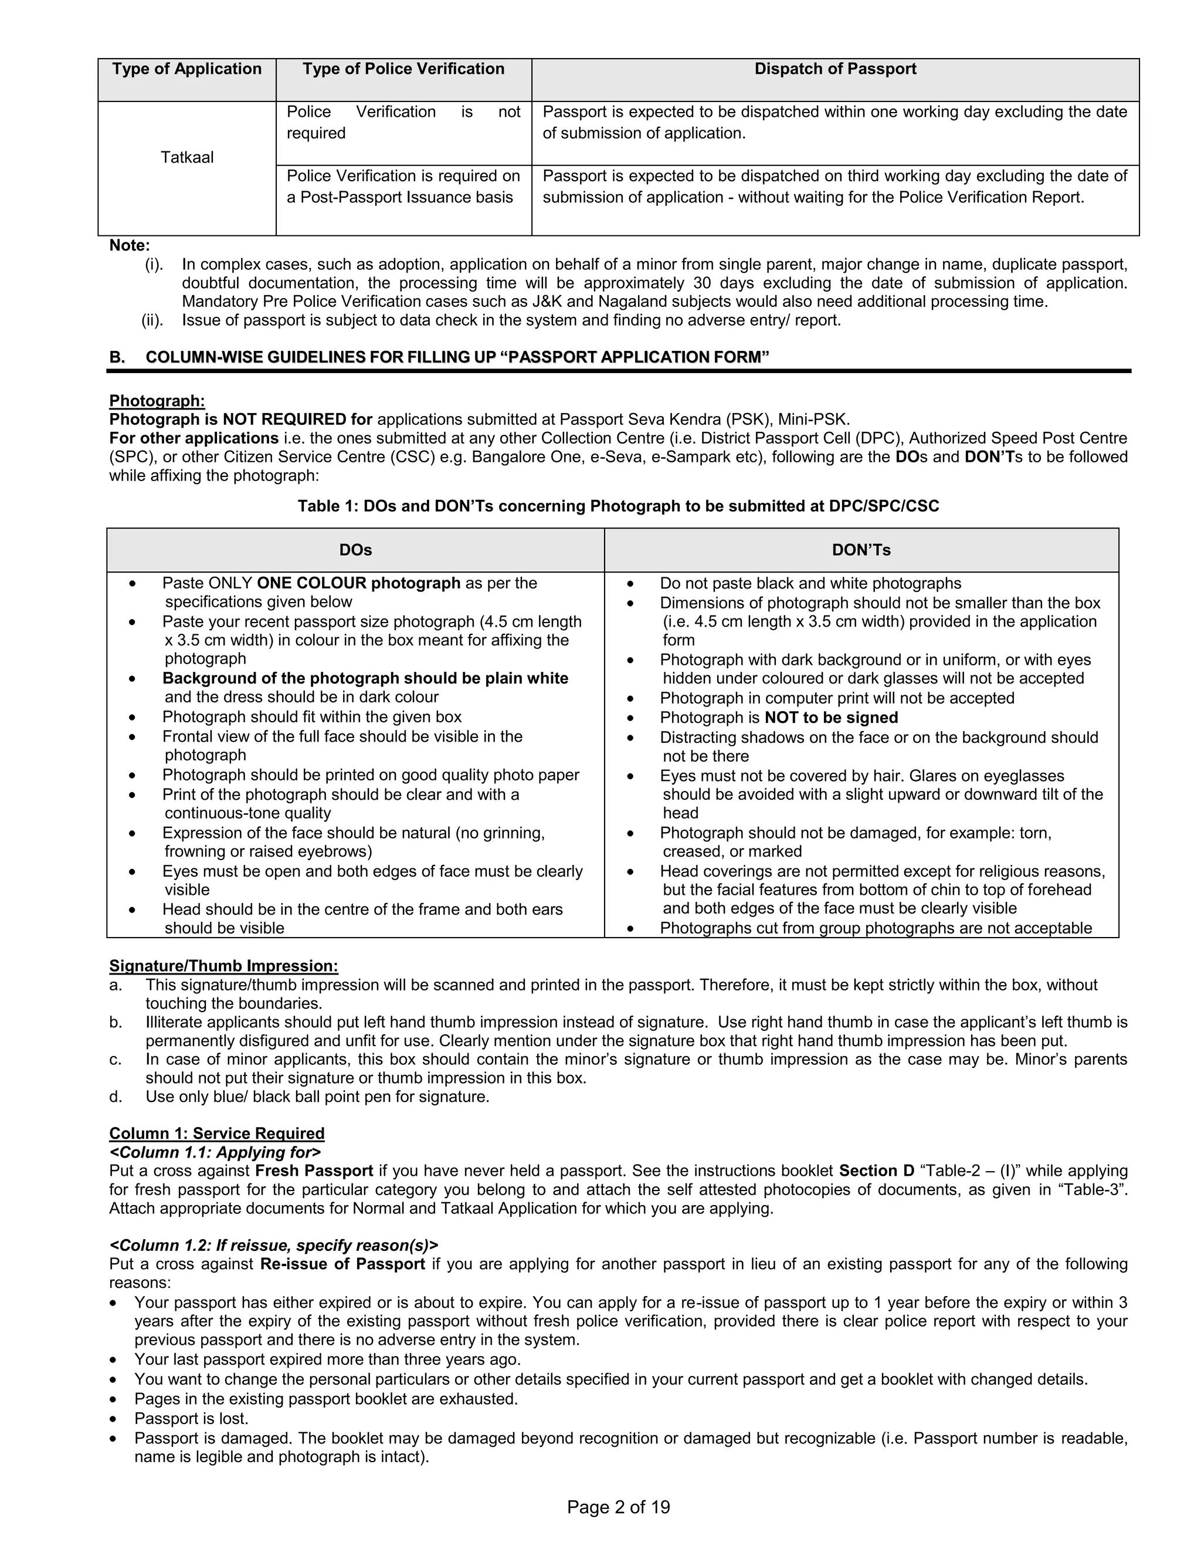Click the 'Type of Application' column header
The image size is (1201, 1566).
tap(186, 69)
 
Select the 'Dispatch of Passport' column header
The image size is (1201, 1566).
tap(835, 69)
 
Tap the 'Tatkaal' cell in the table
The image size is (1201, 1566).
tap(186, 157)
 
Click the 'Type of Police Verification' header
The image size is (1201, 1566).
tap(403, 69)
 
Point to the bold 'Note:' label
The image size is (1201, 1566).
tap(130, 246)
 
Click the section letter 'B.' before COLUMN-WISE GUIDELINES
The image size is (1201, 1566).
tap(117, 357)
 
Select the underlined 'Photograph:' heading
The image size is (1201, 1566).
tap(157, 401)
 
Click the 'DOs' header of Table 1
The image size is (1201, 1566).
tap(355, 550)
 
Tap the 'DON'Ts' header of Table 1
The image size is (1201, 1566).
tap(861, 550)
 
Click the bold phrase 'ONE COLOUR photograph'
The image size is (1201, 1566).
tap(358, 583)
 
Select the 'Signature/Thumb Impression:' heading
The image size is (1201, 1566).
tap(223, 966)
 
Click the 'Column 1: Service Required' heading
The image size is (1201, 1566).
tap(216, 1134)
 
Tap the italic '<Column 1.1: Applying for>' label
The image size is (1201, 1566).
tap(215, 1152)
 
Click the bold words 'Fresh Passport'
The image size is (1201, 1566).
tap(314, 1171)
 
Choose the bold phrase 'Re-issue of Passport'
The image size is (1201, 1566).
tap(342, 1263)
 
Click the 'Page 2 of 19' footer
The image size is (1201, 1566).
tap(618, 1507)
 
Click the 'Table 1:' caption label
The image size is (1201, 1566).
tap(328, 506)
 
